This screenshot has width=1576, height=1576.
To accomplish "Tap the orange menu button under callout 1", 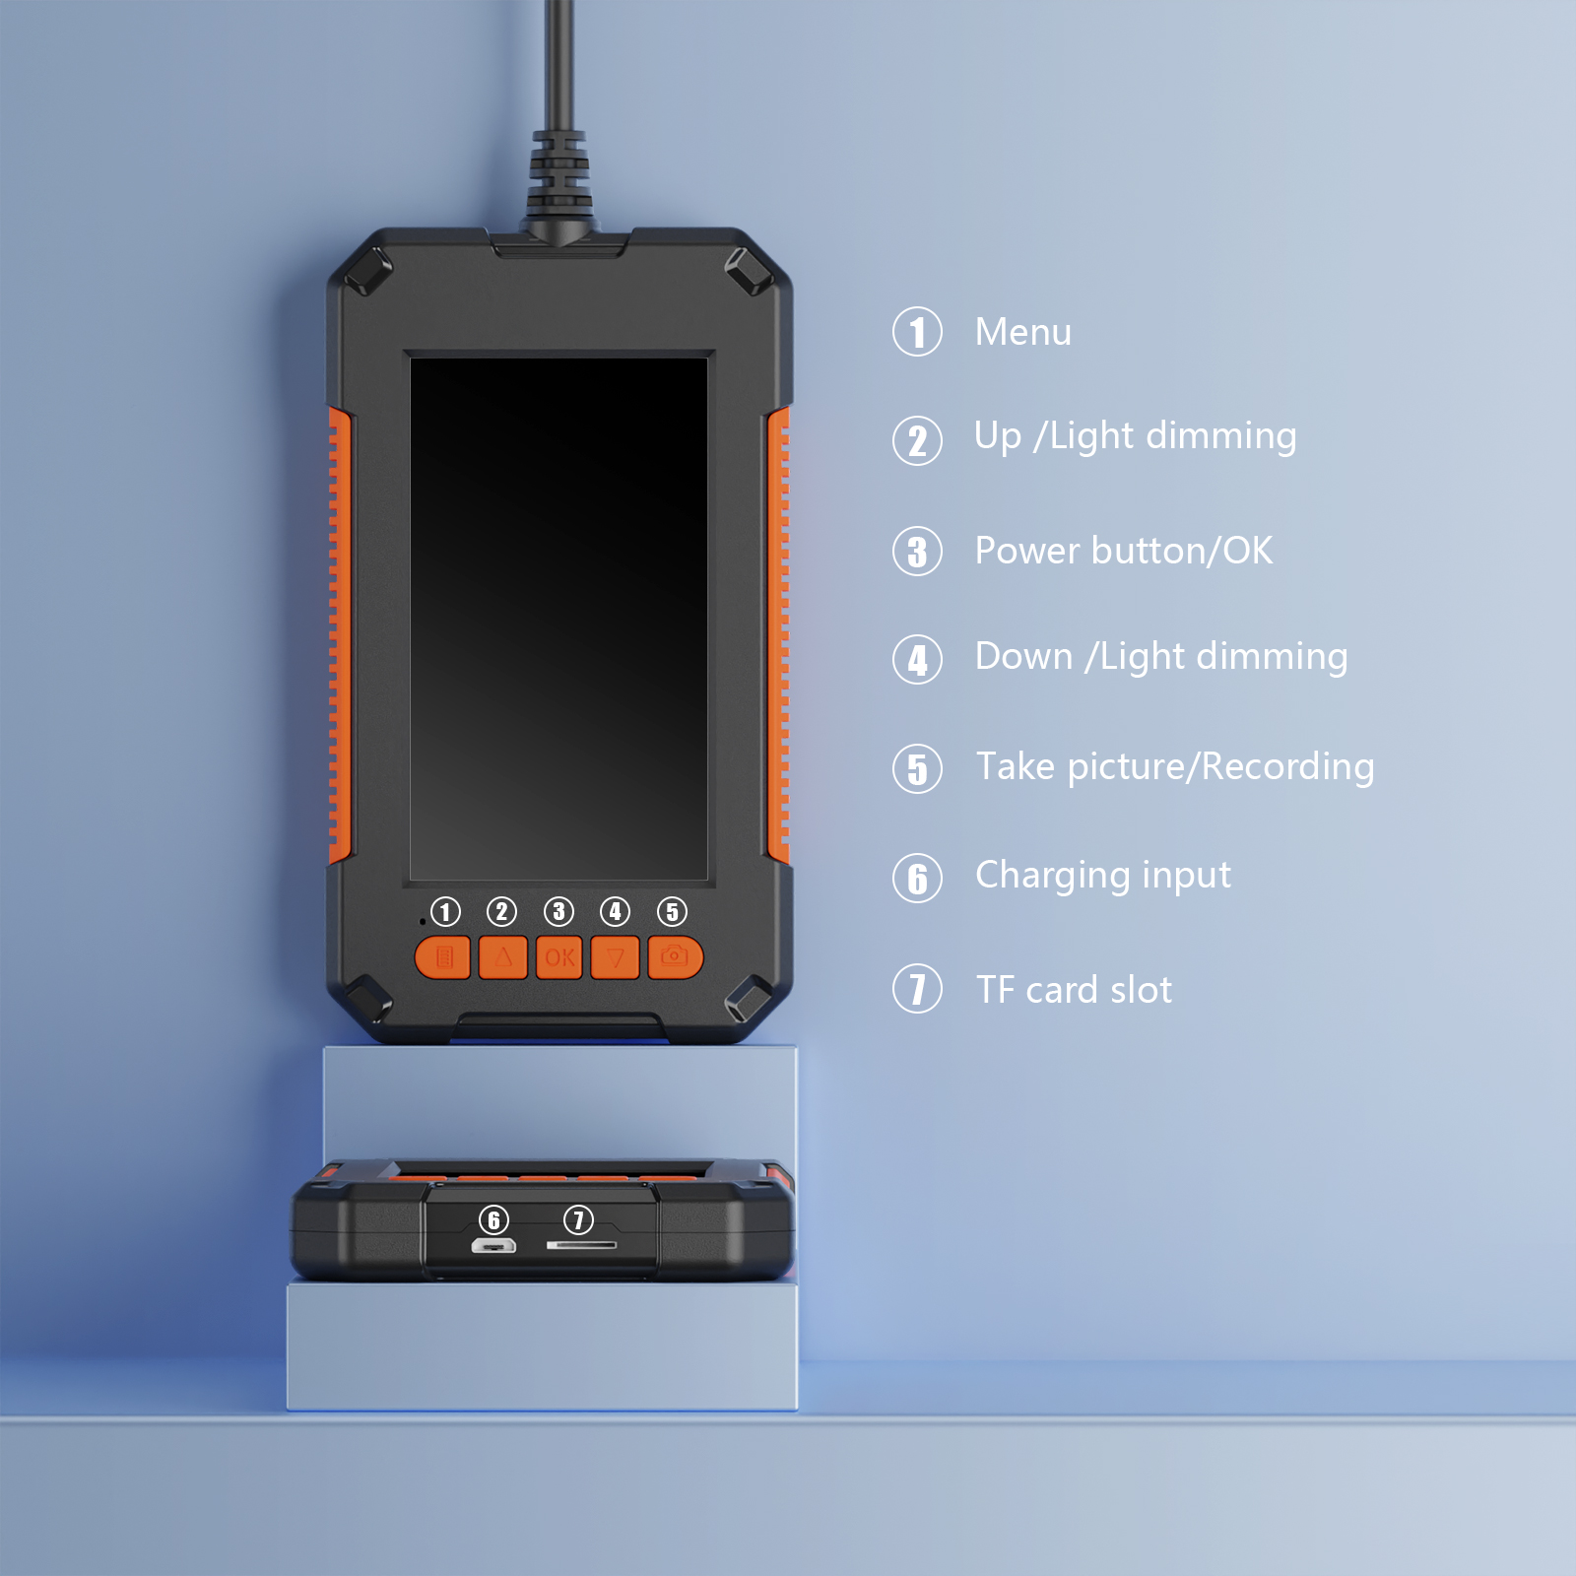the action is point(442,957).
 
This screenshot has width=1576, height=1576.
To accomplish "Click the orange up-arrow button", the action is point(502,957).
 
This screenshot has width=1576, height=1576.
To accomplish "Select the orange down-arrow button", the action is point(616,957).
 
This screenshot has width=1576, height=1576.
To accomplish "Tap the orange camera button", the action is point(676,957).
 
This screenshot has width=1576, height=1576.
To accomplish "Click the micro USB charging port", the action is point(493,1246).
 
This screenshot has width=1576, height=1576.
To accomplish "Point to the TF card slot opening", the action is point(581,1245).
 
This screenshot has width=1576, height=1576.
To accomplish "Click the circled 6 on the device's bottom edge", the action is point(493,1219).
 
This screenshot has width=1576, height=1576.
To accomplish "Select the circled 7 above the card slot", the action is point(578,1219).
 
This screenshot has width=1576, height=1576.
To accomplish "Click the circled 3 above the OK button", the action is point(558,911).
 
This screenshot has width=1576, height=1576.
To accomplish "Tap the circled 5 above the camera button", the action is point(673,911).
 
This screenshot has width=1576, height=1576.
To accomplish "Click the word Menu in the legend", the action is point(1022,332).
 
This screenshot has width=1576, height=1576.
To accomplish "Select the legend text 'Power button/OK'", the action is point(1124,551).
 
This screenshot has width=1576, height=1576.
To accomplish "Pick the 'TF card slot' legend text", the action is point(1074,990).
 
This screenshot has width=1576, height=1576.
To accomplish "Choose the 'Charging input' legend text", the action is point(1103,876).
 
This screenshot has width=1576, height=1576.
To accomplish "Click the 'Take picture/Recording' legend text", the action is point(1175,767).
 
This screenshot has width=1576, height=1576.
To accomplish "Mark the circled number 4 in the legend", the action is point(918,660).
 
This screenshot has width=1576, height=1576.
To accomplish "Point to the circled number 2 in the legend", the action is point(918,440).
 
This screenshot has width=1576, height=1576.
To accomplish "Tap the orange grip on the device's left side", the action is point(339,635).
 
